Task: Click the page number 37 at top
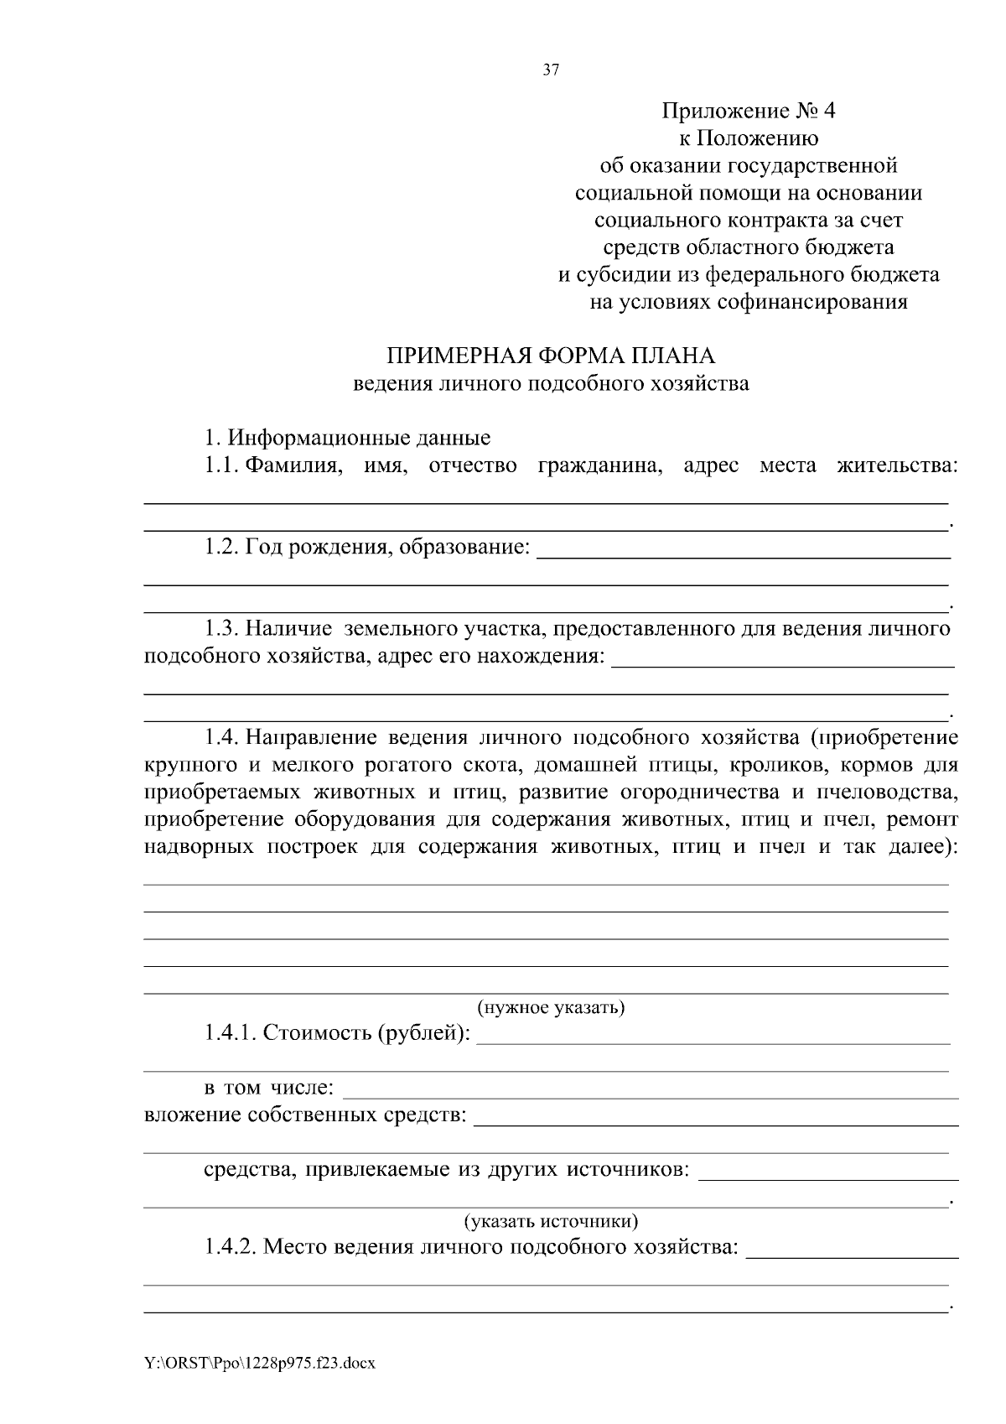point(551,70)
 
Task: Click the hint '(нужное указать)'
point(551,1007)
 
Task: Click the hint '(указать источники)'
point(551,1220)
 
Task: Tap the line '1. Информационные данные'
point(347,438)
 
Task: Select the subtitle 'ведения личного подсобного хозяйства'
point(550,384)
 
